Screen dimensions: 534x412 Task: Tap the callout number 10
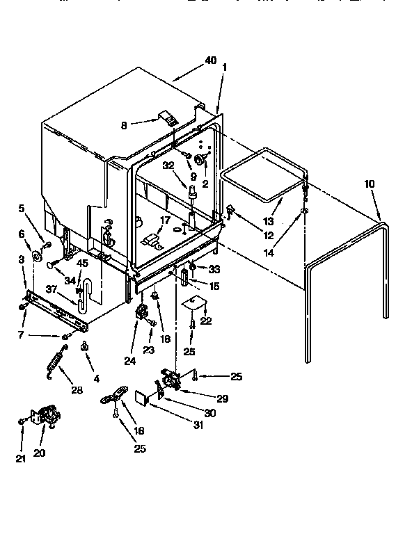tap(370, 184)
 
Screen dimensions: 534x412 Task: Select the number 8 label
tap(124, 125)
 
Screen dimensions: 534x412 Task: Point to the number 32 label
tap(168, 165)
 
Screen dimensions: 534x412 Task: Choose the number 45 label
tap(81, 263)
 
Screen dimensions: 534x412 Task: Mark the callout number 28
tap(77, 390)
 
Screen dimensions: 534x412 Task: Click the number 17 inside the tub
tap(165, 220)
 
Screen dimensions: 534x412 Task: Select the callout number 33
tap(214, 268)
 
